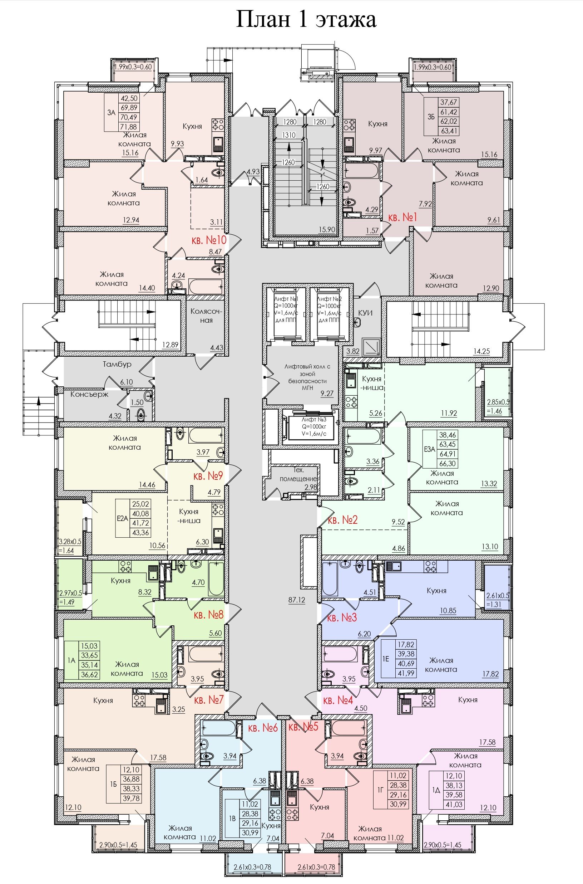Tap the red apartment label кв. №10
(209, 240)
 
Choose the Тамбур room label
(117, 364)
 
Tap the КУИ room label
(365, 313)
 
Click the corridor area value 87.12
(296, 600)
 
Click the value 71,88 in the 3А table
(128, 127)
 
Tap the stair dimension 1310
(289, 135)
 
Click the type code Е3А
(429, 449)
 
